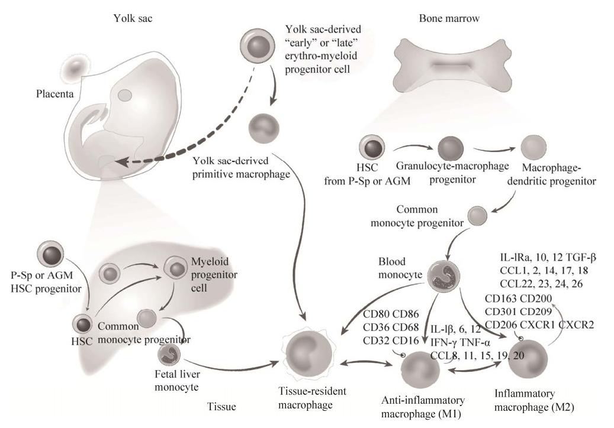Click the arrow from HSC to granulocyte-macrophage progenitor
pyautogui.click(x=409, y=152)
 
